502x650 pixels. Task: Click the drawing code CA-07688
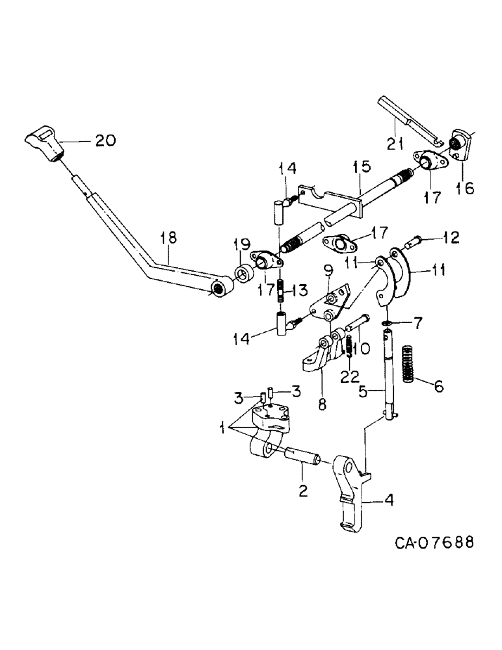click(433, 541)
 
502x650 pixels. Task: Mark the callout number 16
click(465, 188)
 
